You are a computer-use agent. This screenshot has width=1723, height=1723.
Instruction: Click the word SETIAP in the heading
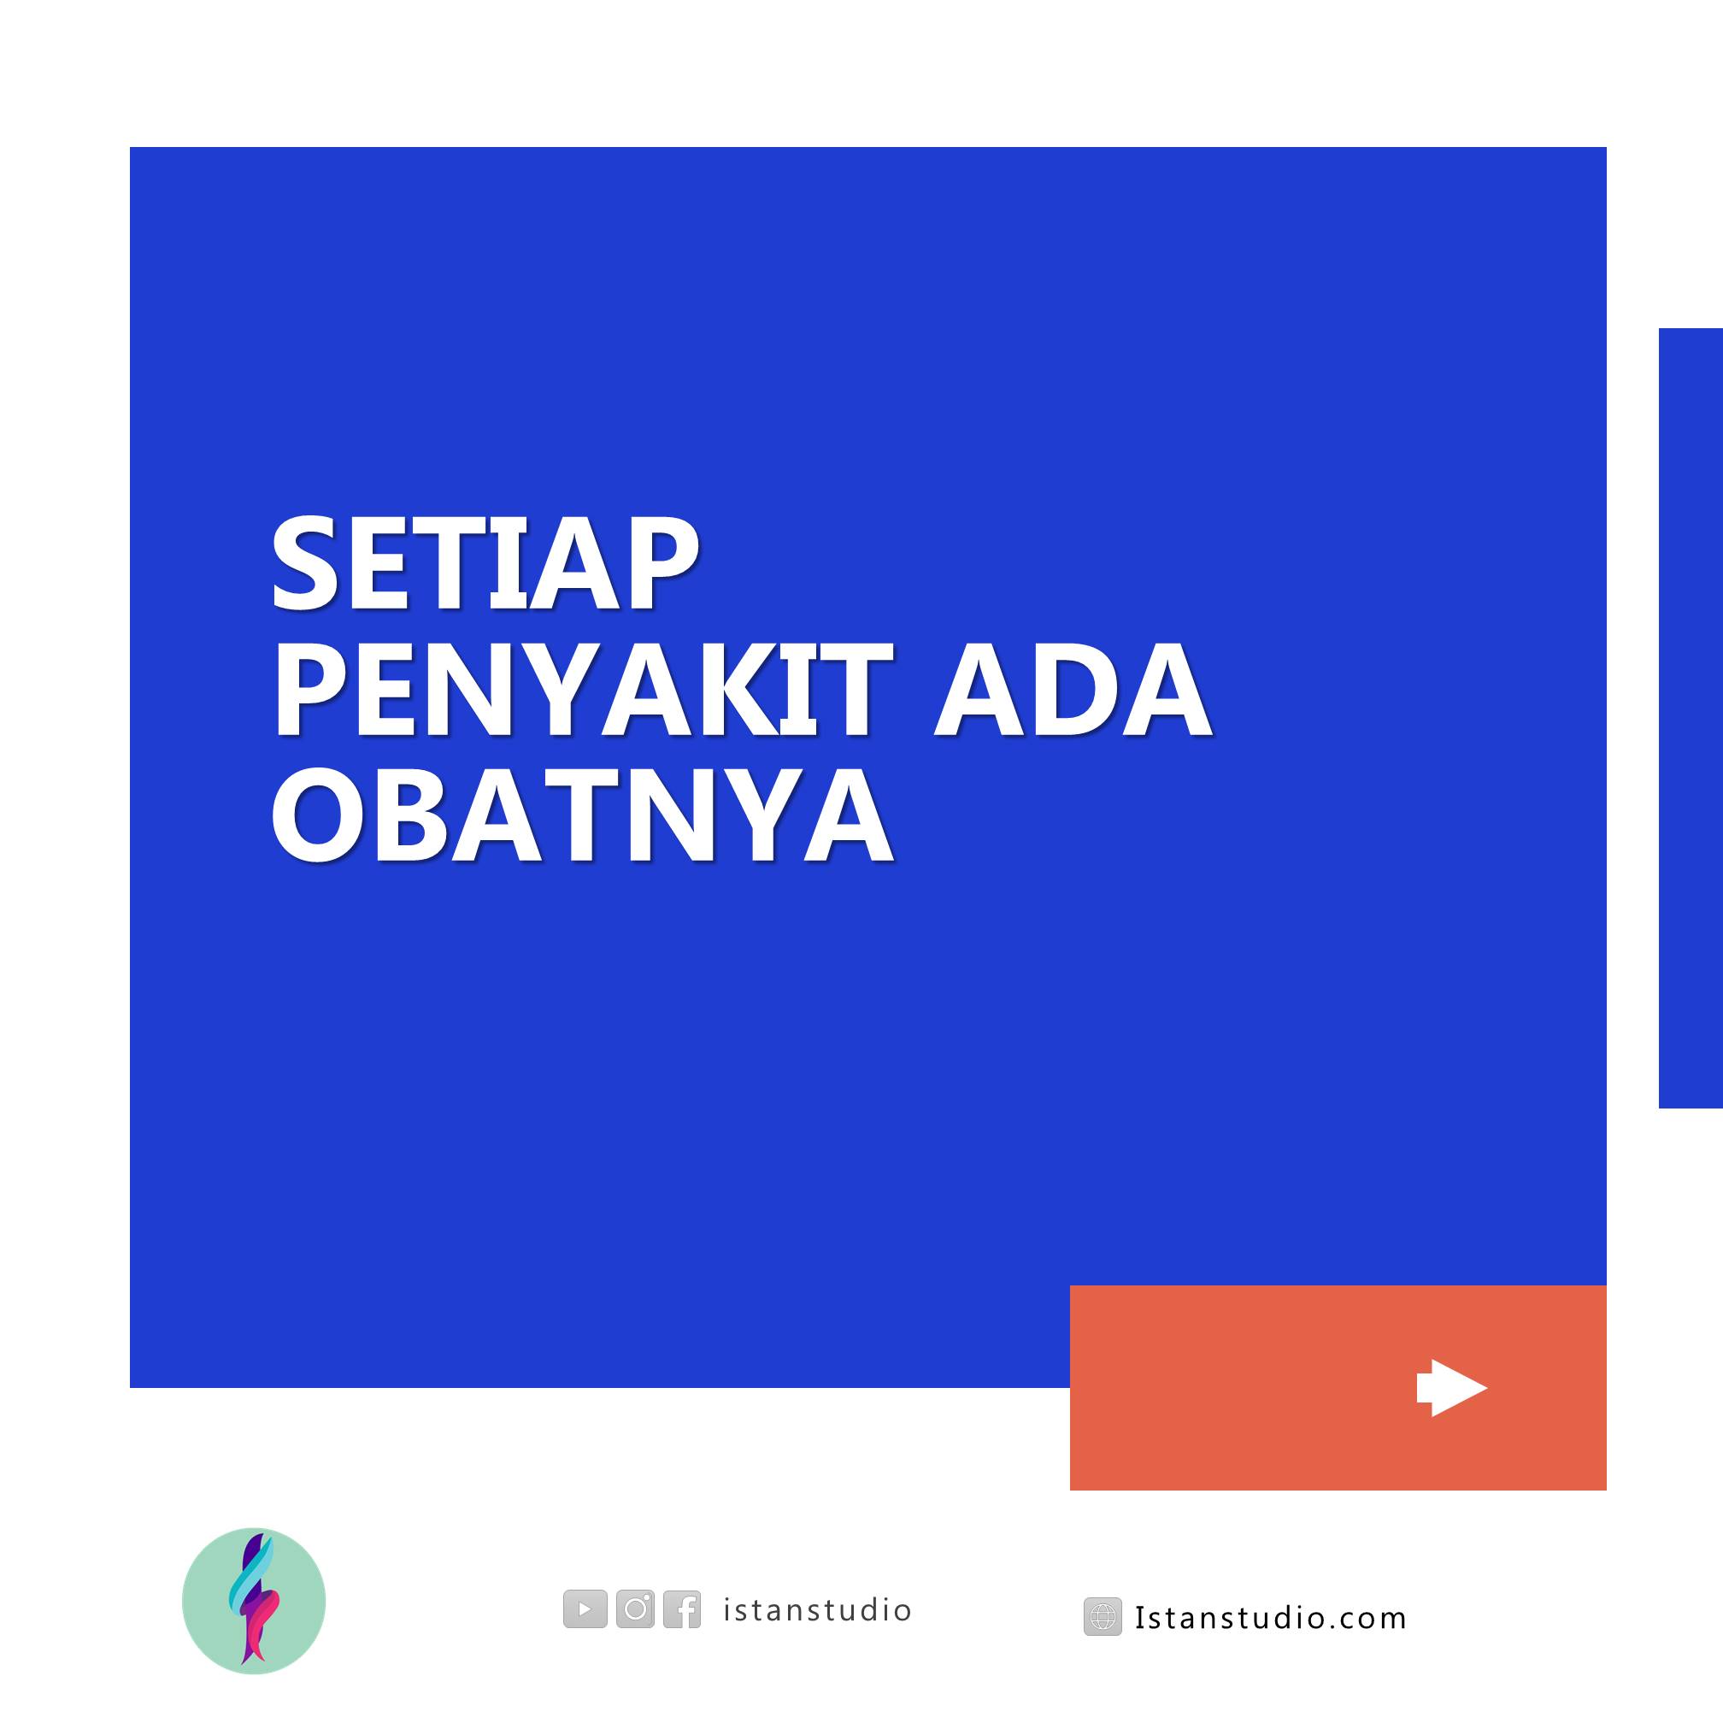[x=484, y=563]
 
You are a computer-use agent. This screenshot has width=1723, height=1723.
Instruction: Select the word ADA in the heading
[x=1073, y=690]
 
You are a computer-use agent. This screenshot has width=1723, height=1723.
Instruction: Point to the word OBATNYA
[x=582, y=815]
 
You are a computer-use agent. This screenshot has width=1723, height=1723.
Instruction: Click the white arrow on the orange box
[x=1452, y=1388]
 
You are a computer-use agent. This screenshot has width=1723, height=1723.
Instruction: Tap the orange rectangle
[x=1338, y=1388]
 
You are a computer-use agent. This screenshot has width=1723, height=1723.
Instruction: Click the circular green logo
[x=254, y=1601]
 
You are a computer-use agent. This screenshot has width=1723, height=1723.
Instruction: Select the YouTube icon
[x=585, y=1608]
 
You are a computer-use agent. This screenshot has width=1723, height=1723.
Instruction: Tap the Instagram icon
[x=635, y=1608]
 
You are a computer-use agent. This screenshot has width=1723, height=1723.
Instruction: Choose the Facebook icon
[x=682, y=1608]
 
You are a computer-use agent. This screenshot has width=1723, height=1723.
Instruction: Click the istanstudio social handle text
[x=817, y=1609]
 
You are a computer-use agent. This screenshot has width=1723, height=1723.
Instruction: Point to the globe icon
[x=1103, y=1617]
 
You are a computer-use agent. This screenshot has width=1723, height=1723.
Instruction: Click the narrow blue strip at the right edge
[x=1691, y=718]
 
